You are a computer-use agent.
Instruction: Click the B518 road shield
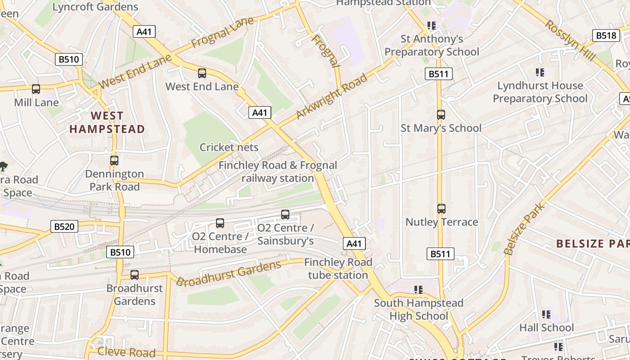pyautogui.click(x=606, y=36)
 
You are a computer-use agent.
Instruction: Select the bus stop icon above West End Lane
pyautogui.click(x=202, y=73)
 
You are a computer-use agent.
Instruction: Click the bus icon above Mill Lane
pyautogui.click(x=36, y=89)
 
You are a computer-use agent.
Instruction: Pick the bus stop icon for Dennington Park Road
pyautogui.click(x=114, y=161)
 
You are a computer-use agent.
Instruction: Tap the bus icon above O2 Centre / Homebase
pyautogui.click(x=220, y=223)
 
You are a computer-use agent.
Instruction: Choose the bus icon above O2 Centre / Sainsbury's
pyautogui.click(x=285, y=215)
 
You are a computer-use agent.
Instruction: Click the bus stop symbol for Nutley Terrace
pyautogui.click(x=441, y=209)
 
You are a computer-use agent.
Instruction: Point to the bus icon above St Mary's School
pyautogui.click(x=441, y=115)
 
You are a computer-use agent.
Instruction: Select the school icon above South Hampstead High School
pyautogui.click(x=419, y=289)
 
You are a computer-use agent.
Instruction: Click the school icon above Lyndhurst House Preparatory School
pyautogui.click(x=540, y=72)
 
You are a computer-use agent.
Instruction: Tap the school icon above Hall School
pyautogui.click(x=546, y=314)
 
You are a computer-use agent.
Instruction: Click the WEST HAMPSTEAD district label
pyautogui.click(x=107, y=122)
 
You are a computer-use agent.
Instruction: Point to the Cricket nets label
pyautogui.click(x=229, y=147)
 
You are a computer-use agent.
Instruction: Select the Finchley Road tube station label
pyautogui.click(x=338, y=269)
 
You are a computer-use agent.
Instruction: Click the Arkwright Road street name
pyautogui.click(x=332, y=98)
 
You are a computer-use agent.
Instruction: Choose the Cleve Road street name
pyautogui.click(x=126, y=351)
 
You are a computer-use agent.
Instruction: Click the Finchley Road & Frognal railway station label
pyautogui.click(x=278, y=172)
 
